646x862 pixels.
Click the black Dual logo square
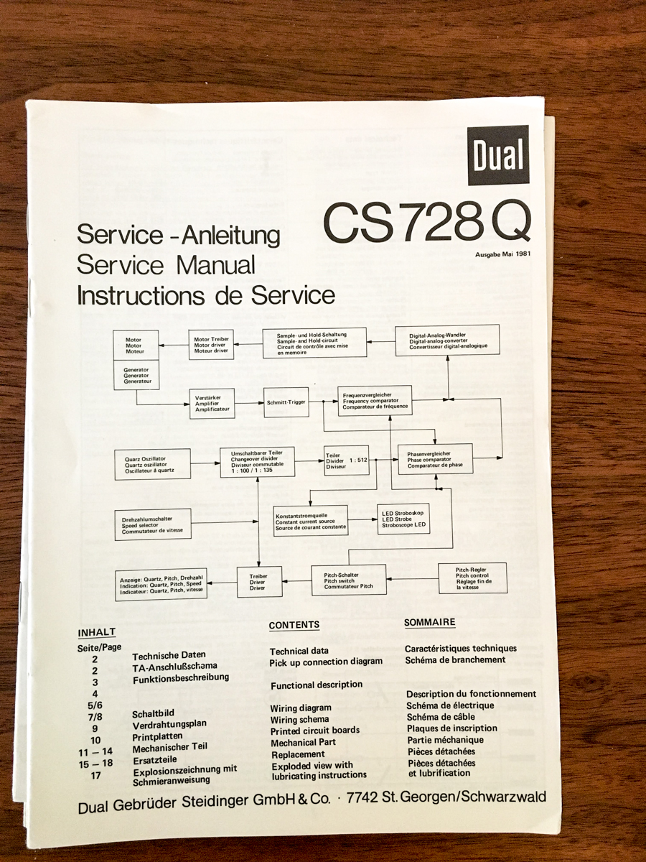(x=497, y=155)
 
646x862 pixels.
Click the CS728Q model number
(x=427, y=222)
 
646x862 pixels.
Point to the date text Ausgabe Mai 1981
(x=503, y=254)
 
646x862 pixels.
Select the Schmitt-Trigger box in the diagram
(x=286, y=402)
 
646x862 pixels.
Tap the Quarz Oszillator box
(x=153, y=464)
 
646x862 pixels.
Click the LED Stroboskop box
(x=403, y=519)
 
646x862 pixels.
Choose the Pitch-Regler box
(x=472, y=578)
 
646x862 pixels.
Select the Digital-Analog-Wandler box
(x=447, y=340)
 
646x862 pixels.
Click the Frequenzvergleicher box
(x=375, y=401)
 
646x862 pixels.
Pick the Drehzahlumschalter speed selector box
(x=153, y=524)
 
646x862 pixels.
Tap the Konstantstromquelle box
(x=311, y=522)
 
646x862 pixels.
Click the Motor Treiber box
(x=211, y=345)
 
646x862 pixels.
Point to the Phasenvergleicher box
(x=436, y=459)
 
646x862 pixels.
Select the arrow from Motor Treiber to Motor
(x=174, y=346)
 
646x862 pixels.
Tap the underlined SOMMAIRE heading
(x=429, y=622)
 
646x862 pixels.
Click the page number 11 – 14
(x=95, y=751)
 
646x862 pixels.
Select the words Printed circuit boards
(x=315, y=731)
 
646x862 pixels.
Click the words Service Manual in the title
(x=166, y=264)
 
